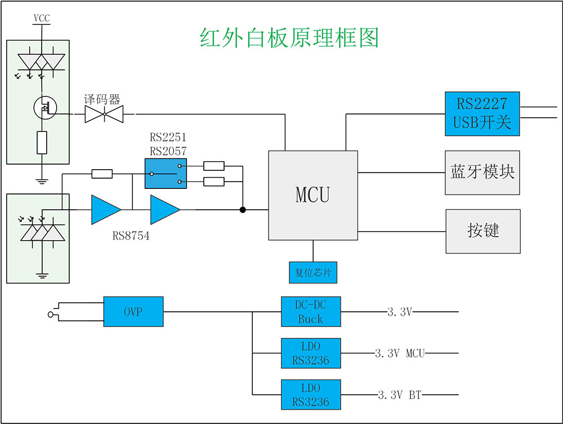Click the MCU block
coord(313,195)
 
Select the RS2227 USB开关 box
coord(482,113)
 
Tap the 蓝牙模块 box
coord(482,173)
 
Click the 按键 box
coord(483,231)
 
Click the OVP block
coord(133,311)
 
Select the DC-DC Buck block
coord(311,312)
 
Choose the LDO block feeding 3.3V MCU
coord(311,354)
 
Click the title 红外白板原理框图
coord(289,38)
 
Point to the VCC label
coord(42,19)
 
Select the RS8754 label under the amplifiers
coord(131,236)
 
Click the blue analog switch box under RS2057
coord(166,173)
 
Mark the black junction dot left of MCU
coord(243,210)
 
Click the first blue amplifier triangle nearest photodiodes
coord(105,210)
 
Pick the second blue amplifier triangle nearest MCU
coord(164,210)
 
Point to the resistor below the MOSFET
coord(42,142)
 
